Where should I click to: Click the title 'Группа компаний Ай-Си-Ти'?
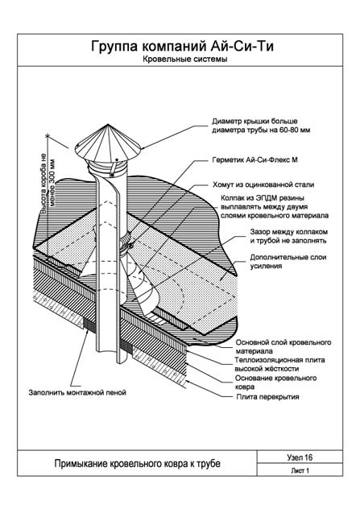pos(182,47)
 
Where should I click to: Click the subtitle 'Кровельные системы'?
pos(184,59)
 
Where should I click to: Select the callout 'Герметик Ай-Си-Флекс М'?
pos(254,159)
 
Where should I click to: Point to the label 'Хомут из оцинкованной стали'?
pos(263,184)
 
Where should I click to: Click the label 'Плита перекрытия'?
pos(267,397)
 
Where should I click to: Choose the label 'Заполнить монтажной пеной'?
pos(77,392)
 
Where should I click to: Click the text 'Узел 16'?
pos(300,457)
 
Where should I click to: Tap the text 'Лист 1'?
pos(300,470)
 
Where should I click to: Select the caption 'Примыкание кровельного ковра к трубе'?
pos(137,464)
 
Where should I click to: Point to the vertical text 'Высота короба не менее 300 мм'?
pos(48,185)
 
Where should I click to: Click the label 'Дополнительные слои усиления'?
pos(288,262)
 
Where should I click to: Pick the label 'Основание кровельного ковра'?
pos(276,383)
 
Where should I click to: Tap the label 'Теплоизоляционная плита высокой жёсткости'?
pos(279,364)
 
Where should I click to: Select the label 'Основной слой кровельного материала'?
pos(283,346)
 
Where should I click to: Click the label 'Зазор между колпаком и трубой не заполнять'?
pos(289,236)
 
